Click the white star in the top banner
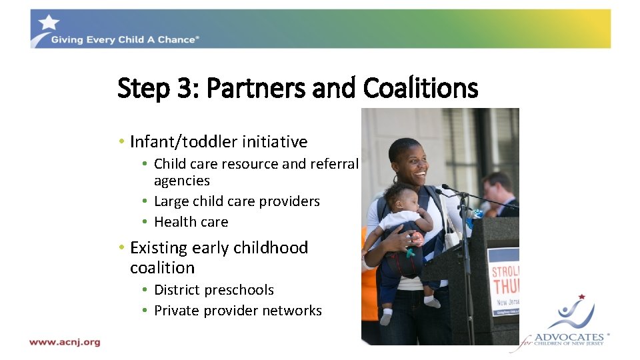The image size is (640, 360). (48, 23)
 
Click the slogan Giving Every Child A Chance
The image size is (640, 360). (124, 40)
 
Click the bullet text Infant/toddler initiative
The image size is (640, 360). (219, 142)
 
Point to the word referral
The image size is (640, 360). (334, 164)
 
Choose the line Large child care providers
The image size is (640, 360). (237, 201)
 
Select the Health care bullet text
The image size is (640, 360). (191, 222)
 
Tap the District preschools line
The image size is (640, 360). (213, 290)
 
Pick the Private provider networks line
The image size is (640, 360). (237, 311)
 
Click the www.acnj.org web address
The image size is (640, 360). (65, 342)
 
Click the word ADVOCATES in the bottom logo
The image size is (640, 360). (568, 337)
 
